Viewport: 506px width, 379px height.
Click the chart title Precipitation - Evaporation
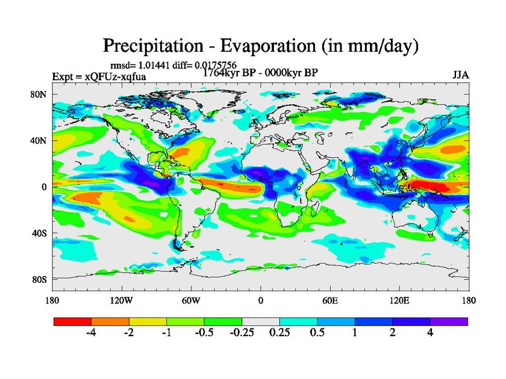(x=261, y=45)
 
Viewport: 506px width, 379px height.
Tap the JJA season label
(x=460, y=75)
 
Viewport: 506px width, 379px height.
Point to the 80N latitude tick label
(x=39, y=95)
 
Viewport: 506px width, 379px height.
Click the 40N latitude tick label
(x=39, y=141)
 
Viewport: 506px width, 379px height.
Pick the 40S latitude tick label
(x=39, y=233)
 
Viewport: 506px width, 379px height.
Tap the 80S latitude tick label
(x=39, y=279)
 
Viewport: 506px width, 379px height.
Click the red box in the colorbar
(x=72, y=322)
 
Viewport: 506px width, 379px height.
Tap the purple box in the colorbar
(x=449, y=322)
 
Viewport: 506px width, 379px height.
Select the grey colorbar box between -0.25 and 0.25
(x=261, y=322)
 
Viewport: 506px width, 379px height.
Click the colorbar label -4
(x=90, y=333)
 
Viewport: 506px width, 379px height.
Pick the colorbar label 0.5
(x=317, y=333)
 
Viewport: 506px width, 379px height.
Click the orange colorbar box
(x=110, y=322)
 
